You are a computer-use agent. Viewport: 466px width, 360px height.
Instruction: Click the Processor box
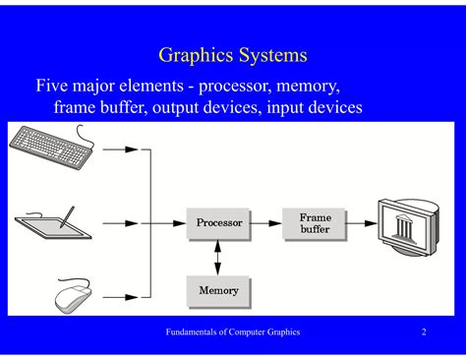pos(218,223)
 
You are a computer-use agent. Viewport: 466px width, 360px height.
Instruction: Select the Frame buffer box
pos(314,222)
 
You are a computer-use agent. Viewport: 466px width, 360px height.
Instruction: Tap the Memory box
pos(218,291)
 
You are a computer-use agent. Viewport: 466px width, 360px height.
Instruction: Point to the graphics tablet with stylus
pos(54,222)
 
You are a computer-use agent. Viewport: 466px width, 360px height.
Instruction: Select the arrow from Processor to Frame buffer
pos(265,223)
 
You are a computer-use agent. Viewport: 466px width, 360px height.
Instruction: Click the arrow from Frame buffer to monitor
pos(362,223)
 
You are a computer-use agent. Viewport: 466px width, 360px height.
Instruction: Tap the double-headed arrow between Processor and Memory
pos(218,257)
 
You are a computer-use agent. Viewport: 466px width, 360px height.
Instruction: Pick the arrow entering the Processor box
pos(167,223)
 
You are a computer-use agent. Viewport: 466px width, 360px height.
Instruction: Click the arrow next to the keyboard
pos(120,151)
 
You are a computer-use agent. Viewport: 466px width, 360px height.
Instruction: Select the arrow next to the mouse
pos(120,294)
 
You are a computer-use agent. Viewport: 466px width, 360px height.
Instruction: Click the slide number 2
pos(424,332)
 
